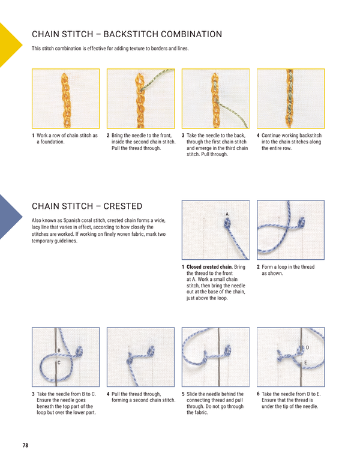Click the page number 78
(25, 445)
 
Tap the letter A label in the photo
(227, 214)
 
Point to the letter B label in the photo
(58, 350)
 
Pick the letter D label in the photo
(307, 347)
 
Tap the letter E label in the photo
(307, 364)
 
